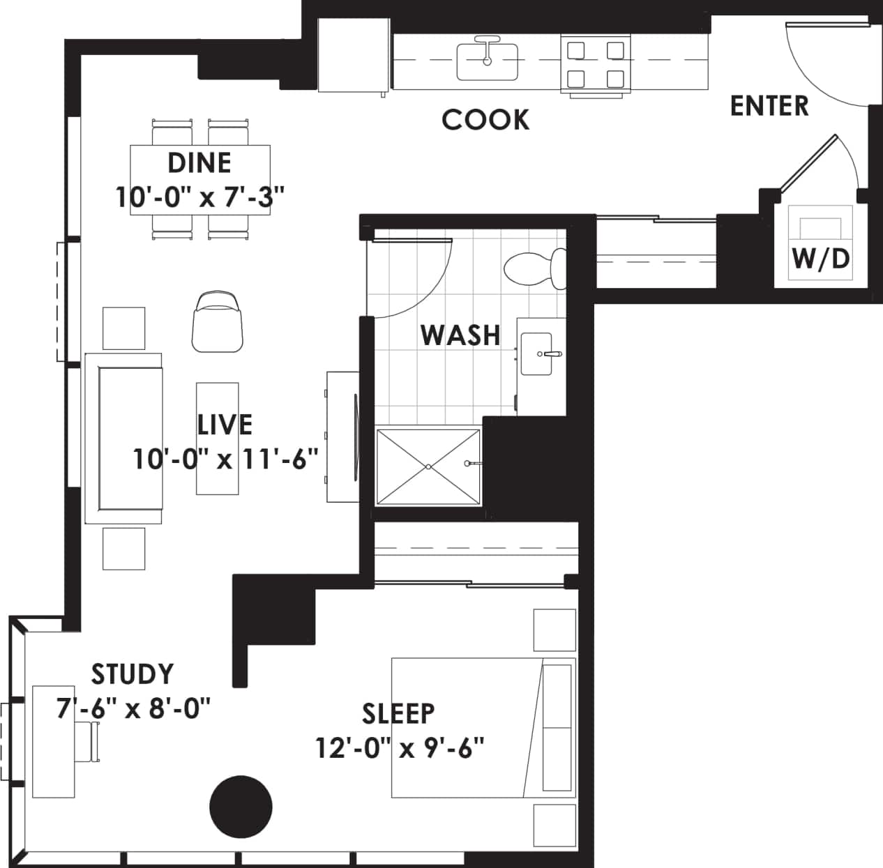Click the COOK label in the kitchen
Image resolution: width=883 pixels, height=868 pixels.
pyautogui.click(x=485, y=119)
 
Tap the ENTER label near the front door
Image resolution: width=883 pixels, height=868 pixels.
pyautogui.click(x=769, y=106)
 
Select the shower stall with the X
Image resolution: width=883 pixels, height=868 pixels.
pyautogui.click(x=428, y=466)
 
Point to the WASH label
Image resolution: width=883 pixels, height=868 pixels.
pyautogui.click(x=460, y=335)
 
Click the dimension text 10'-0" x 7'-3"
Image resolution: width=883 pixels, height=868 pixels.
pyautogui.click(x=201, y=197)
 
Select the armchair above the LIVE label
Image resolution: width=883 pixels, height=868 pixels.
pyautogui.click(x=218, y=322)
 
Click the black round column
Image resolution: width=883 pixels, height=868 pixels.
pyautogui.click(x=241, y=806)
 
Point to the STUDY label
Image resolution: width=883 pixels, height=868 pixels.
pyautogui.click(x=133, y=674)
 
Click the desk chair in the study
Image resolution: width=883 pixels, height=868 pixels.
pyautogui.click(x=90, y=742)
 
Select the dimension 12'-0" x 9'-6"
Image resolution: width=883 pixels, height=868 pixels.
pyautogui.click(x=400, y=749)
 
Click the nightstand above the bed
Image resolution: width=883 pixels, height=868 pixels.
pyautogui.click(x=554, y=630)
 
